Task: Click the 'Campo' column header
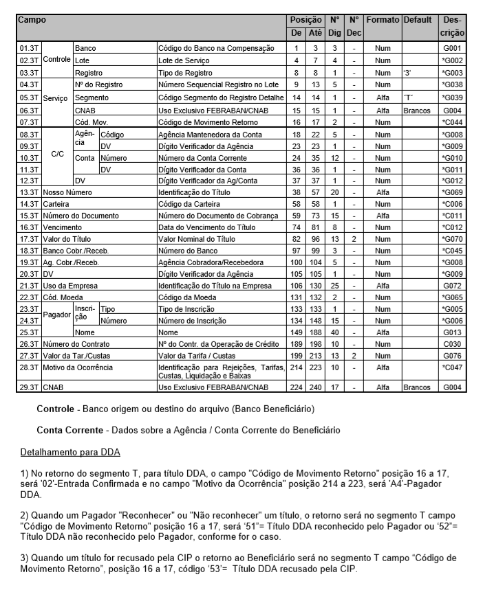tap(33, 21)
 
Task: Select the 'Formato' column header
tap(383, 21)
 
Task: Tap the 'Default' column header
tap(418, 21)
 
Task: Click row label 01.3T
tap(29, 49)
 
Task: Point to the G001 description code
tap(453, 49)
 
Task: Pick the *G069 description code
tap(453, 193)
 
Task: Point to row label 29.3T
tap(29, 387)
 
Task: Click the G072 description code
tap(453, 284)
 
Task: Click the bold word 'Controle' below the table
tap(55, 409)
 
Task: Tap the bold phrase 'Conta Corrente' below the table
tap(69, 431)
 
